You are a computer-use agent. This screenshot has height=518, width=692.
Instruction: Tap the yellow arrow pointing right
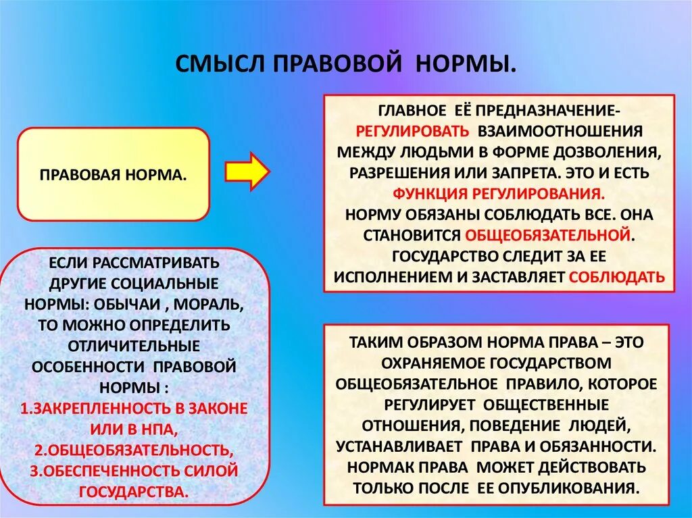(246, 170)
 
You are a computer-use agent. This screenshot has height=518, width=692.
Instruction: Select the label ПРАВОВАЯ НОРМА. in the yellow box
(113, 174)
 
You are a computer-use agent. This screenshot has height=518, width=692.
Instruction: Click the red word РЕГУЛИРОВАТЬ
(413, 130)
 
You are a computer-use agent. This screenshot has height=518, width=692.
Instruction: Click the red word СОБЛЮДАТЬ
(617, 277)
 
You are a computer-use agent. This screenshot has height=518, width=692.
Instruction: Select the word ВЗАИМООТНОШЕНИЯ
(561, 130)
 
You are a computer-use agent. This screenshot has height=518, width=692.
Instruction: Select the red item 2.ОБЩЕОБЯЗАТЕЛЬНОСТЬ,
(134, 450)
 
